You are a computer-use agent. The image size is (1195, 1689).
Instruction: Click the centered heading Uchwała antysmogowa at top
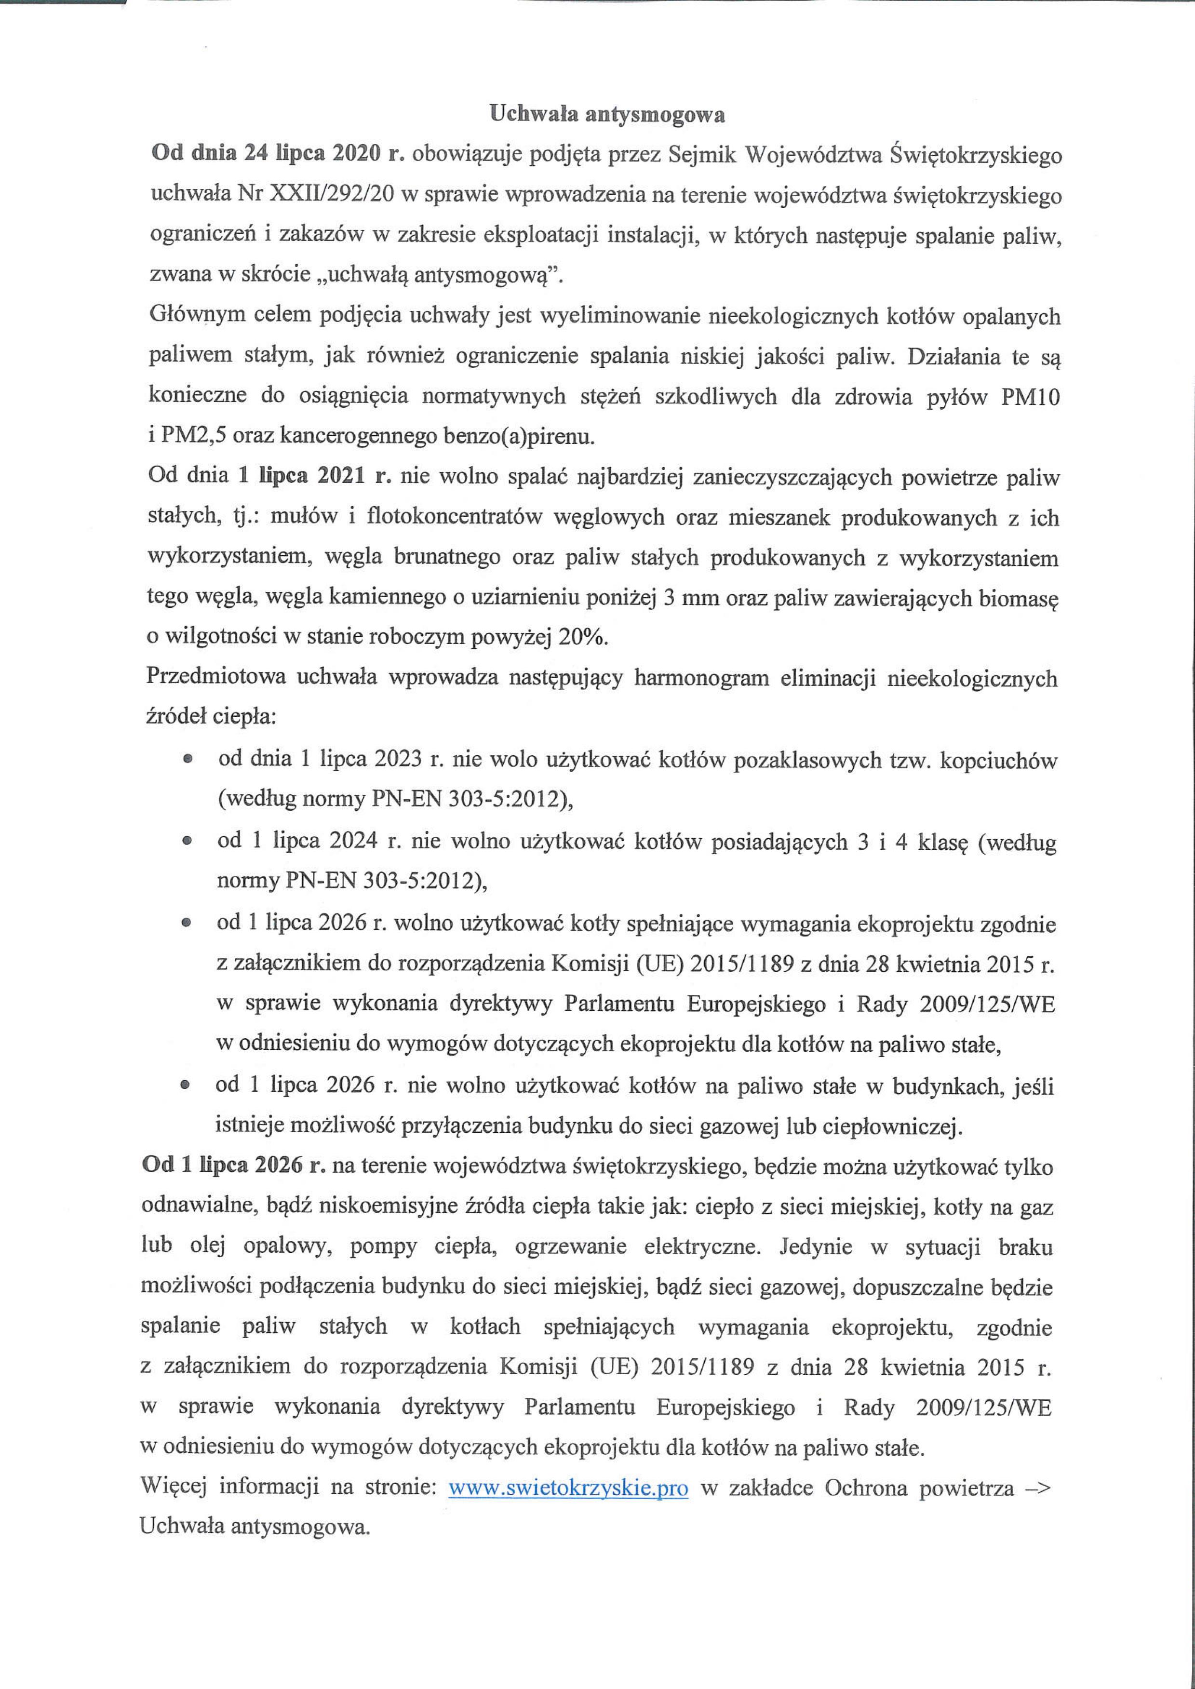click(607, 115)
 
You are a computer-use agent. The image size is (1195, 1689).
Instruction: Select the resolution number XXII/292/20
click(333, 194)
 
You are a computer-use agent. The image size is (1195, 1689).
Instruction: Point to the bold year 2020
click(357, 154)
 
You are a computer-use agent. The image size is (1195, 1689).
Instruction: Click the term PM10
click(1030, 397)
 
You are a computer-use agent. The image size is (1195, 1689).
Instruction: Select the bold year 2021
click(341, 476)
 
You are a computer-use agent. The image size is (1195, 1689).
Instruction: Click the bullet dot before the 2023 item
click(188, 758)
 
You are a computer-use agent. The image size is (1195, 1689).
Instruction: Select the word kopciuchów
click(1007, 759)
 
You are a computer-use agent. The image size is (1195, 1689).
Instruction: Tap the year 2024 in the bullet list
click(354, 840)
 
